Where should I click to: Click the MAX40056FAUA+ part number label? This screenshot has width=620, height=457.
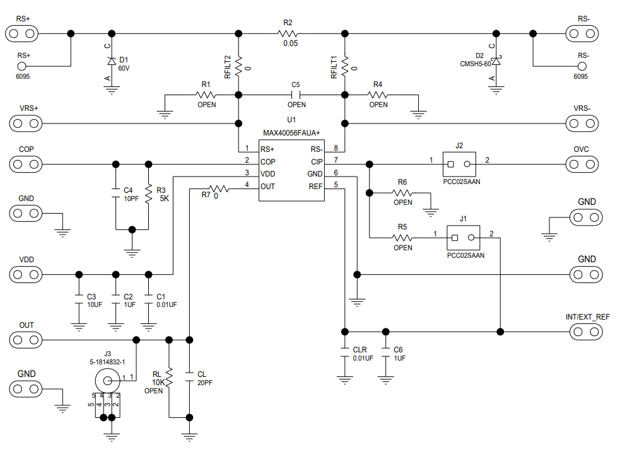coord(291,133)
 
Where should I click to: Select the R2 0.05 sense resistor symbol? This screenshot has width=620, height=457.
coord(291,33)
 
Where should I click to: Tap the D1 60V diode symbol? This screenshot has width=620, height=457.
coord(112,61)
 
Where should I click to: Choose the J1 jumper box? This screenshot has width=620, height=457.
coord(463,238)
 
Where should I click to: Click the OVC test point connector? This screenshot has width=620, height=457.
coord(582,165)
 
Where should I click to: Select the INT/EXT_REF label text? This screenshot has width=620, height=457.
coord(588,316)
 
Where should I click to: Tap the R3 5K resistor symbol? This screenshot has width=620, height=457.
coord(149,194)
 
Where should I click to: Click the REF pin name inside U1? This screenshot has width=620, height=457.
coord(315,186)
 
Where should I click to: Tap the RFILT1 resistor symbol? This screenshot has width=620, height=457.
coord(345,64)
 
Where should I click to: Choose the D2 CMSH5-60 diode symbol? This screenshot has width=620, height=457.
coord(496,61)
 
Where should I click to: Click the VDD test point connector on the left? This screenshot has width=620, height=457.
coord(26,275)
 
